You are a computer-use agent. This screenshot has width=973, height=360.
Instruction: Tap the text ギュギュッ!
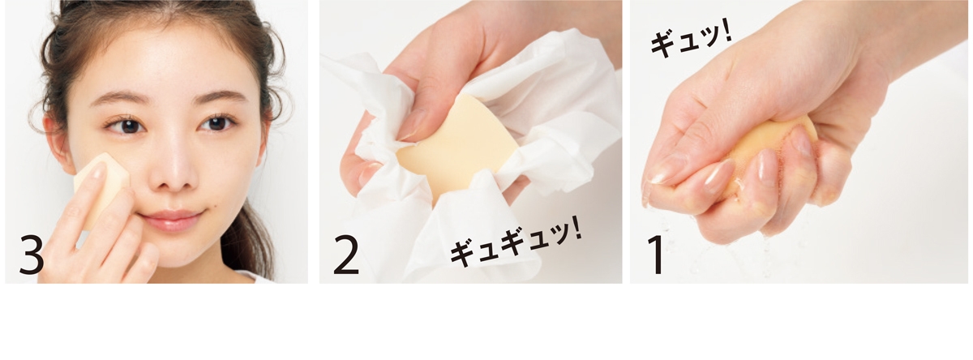516,241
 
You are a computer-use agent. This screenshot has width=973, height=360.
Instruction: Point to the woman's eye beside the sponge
126,125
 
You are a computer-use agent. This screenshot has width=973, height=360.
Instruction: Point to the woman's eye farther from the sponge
216,123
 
